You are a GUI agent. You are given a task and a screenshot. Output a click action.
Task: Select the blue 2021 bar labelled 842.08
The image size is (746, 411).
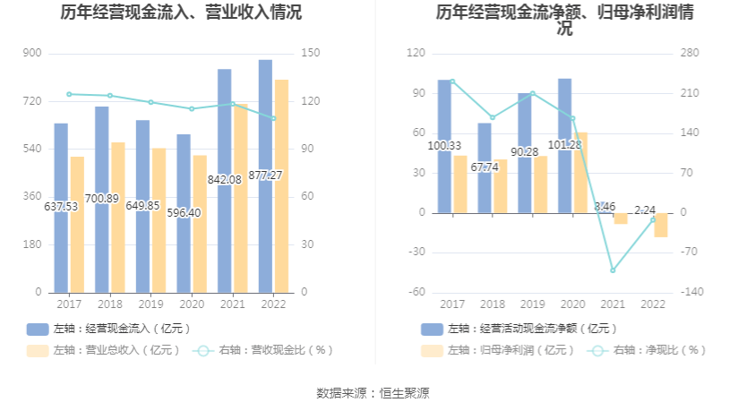(x=224, y=179)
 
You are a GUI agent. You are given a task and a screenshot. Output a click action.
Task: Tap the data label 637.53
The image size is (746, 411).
(x=61, y=207)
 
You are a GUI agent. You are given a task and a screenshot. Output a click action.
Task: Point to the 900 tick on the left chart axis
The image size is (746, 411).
(x=32, y=53)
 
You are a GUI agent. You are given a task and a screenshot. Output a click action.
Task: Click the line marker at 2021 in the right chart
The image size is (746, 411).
(x=613, y=270)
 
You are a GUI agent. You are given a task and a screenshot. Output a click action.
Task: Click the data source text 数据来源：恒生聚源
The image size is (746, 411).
(x=373, y=393)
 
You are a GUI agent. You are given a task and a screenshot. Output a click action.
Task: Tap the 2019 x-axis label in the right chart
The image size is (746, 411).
(x=532, y=304)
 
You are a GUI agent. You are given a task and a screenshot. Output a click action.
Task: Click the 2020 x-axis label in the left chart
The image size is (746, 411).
(x=184, y=304)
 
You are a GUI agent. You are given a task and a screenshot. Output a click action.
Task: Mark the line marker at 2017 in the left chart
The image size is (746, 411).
(x=69, y=94)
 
